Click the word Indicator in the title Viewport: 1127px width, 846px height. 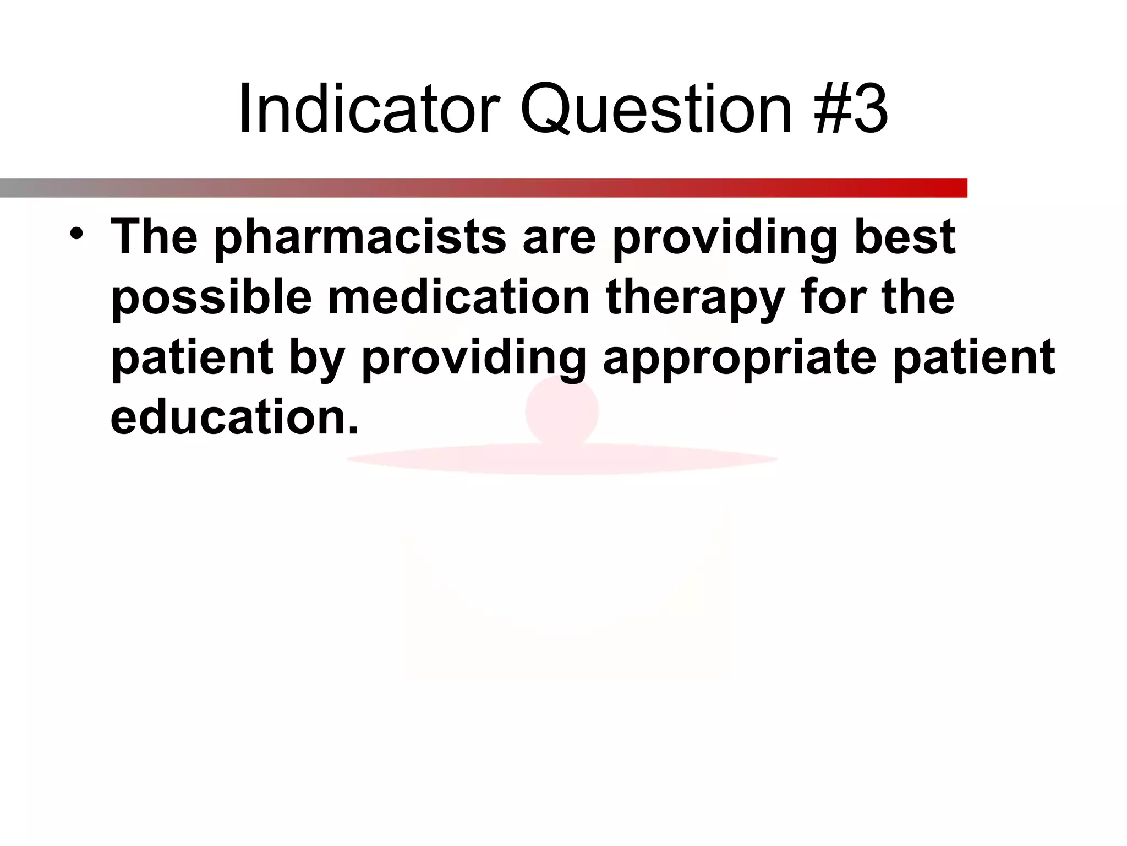(x=369, y=109)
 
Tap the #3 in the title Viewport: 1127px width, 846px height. (x=852, y=109)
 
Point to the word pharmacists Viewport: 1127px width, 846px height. (x=360, y=238)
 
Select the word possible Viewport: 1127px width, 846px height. (x=212, y=298)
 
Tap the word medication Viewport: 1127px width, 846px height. (x=459, y=297)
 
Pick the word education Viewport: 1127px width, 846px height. (x=234, y=417)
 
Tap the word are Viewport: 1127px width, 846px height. (x=559, y=238)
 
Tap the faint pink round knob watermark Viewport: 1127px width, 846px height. (x=561, y=410)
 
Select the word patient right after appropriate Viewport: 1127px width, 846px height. (x=974, y=358)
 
